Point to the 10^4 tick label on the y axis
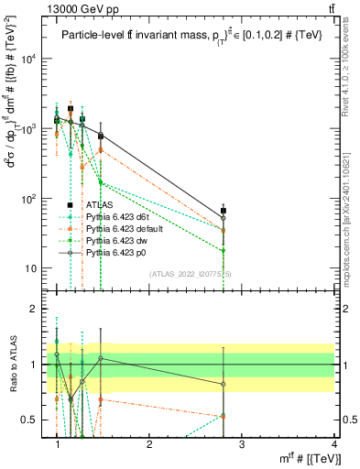point(29,59)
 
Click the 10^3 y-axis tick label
point(29,128)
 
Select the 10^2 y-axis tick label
point(29,199)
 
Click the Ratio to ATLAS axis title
point(13,365)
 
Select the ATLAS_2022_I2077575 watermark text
point(183,274)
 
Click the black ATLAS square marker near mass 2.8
point(224,211)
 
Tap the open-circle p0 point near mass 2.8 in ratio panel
point(224,385)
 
